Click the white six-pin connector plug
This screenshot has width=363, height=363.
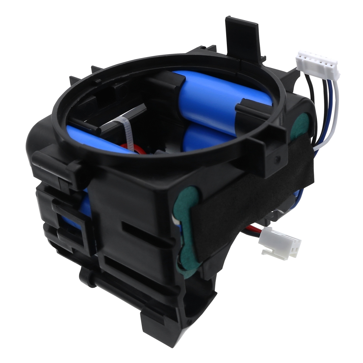point(318,65)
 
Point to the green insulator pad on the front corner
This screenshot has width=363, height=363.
point(186,227)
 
